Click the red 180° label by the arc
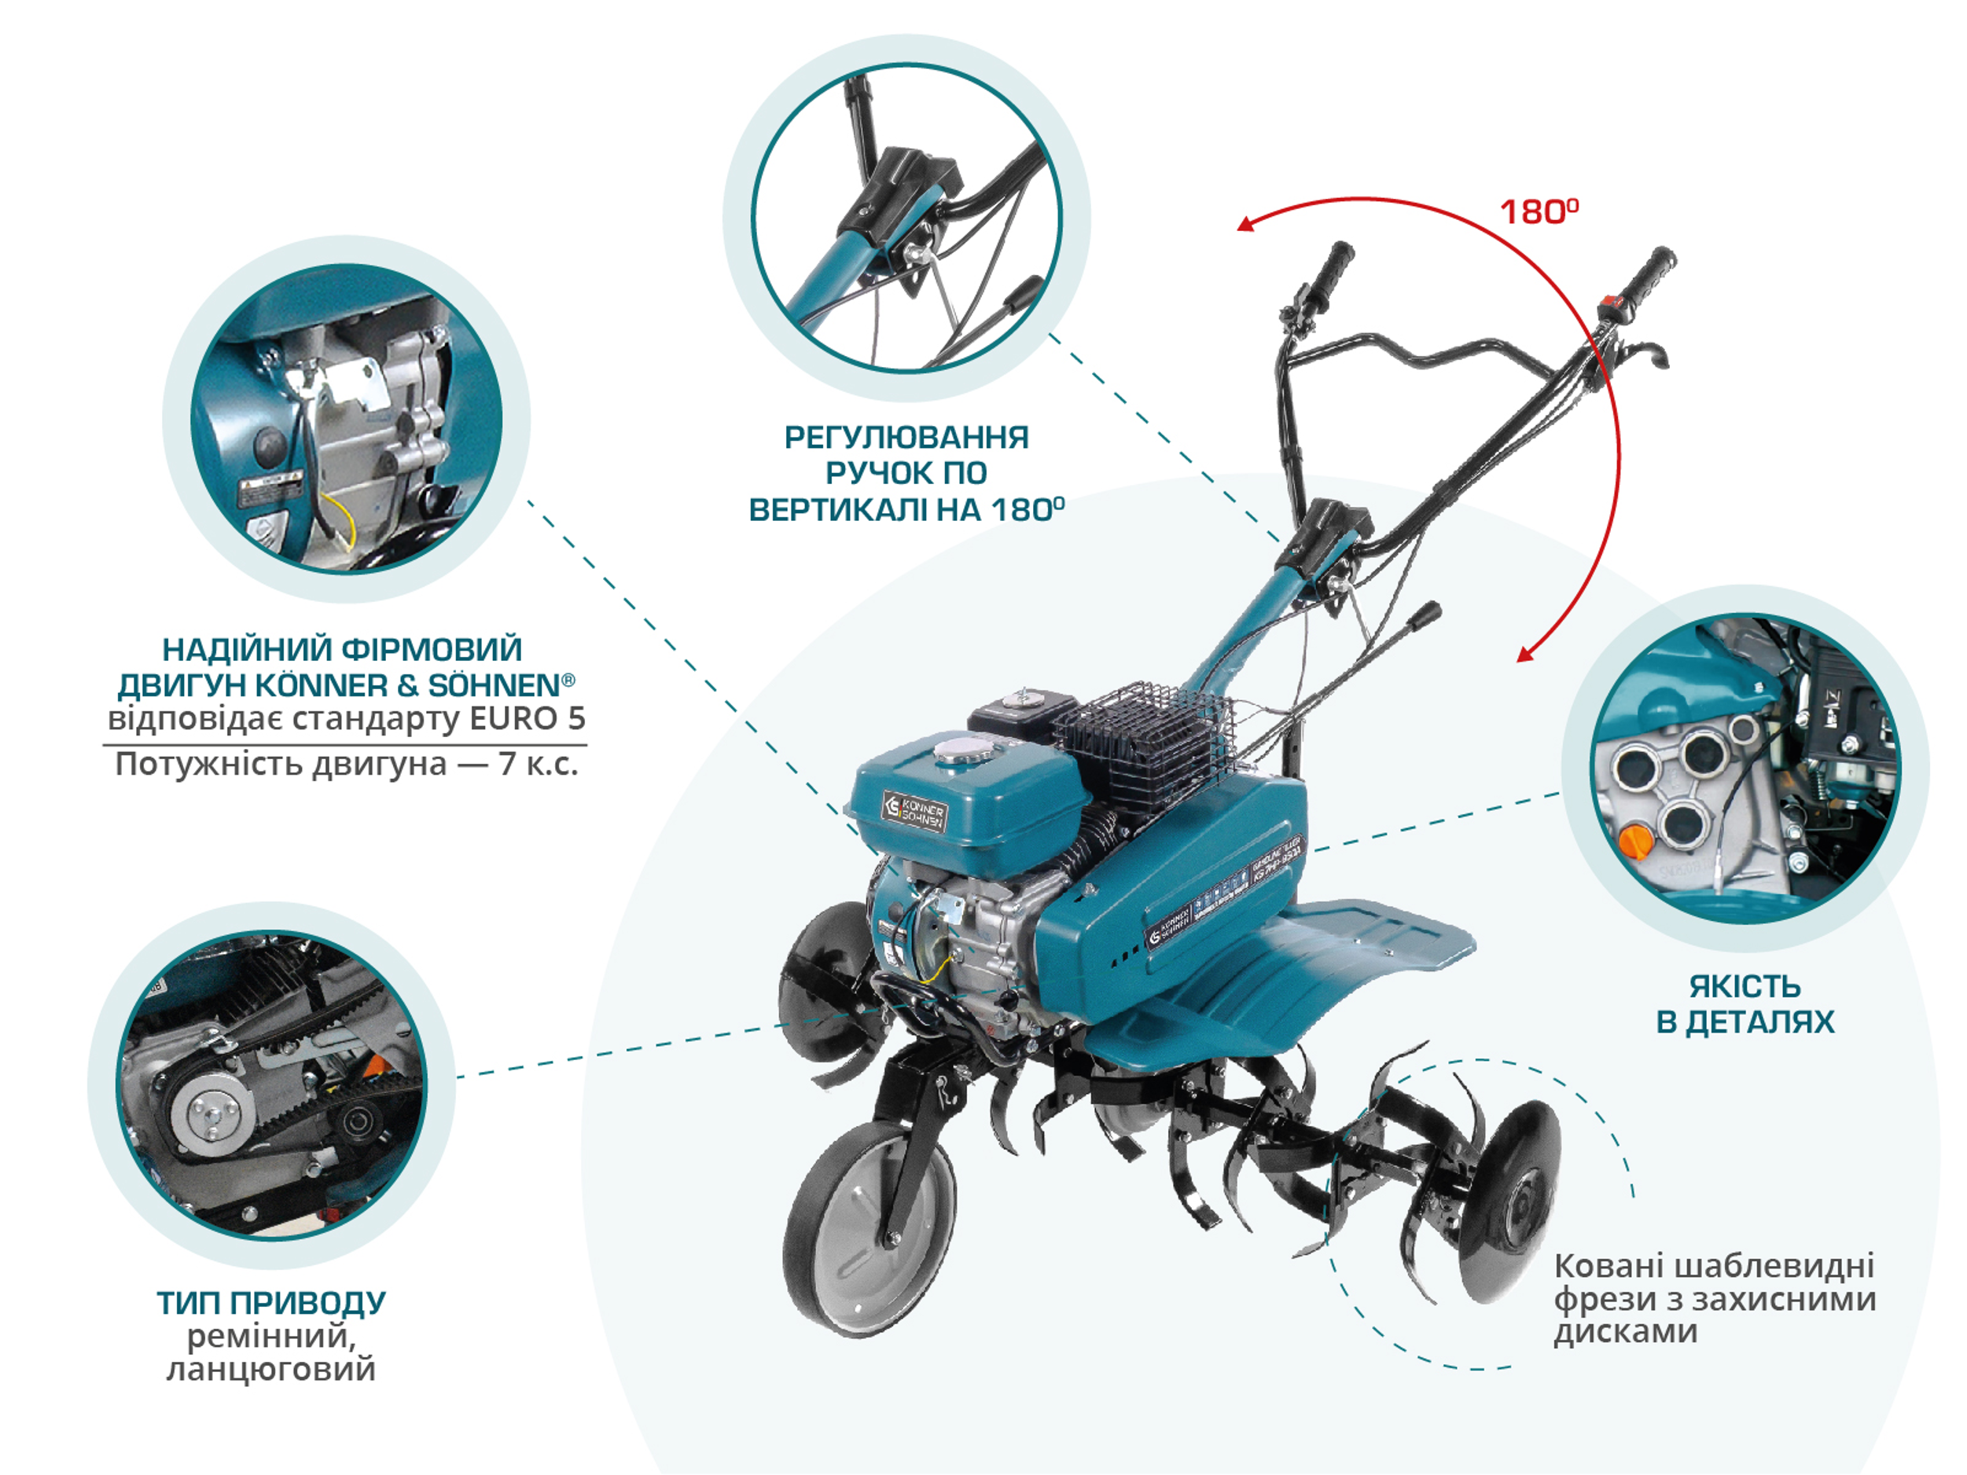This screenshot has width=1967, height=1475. [1539, 211]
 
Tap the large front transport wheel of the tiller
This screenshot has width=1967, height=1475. [870, 1226]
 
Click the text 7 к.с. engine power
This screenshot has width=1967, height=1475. [539, 764]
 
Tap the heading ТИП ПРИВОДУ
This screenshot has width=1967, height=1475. [271, 1303]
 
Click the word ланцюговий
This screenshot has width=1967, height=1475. [271, 1368]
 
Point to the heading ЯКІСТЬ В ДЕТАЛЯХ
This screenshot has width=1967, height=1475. [1745, 1004]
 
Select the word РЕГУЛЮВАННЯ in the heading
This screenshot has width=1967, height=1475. [906, 438]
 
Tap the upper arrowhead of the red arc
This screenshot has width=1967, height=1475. [1246, 224]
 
